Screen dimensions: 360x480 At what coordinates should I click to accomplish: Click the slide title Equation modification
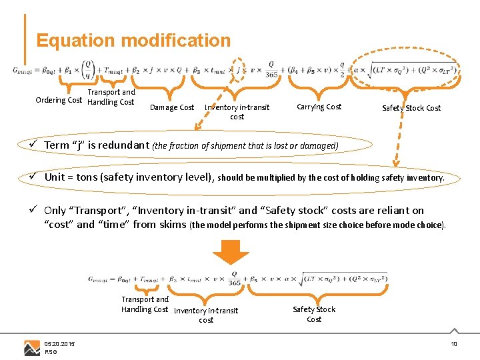(133, 40)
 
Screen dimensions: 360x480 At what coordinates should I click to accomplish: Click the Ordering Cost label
(59, 101)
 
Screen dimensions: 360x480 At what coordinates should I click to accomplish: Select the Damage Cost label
(172, 107)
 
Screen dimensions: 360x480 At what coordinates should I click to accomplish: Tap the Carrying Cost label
(319, 107)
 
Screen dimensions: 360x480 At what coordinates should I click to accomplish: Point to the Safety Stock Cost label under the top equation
(411, 108)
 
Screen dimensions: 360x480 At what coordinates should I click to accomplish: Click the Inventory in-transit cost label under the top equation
(237, 112)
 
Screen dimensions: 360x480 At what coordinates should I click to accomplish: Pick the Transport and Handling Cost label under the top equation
(111, 97)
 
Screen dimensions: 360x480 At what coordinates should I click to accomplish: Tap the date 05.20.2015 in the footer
(59, 343)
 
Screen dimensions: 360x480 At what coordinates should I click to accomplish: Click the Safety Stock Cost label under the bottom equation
(314, 314)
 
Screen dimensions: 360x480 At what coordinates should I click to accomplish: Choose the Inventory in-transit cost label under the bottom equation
(206, 315)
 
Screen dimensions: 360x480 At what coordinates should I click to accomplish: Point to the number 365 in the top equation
(271, 75)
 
